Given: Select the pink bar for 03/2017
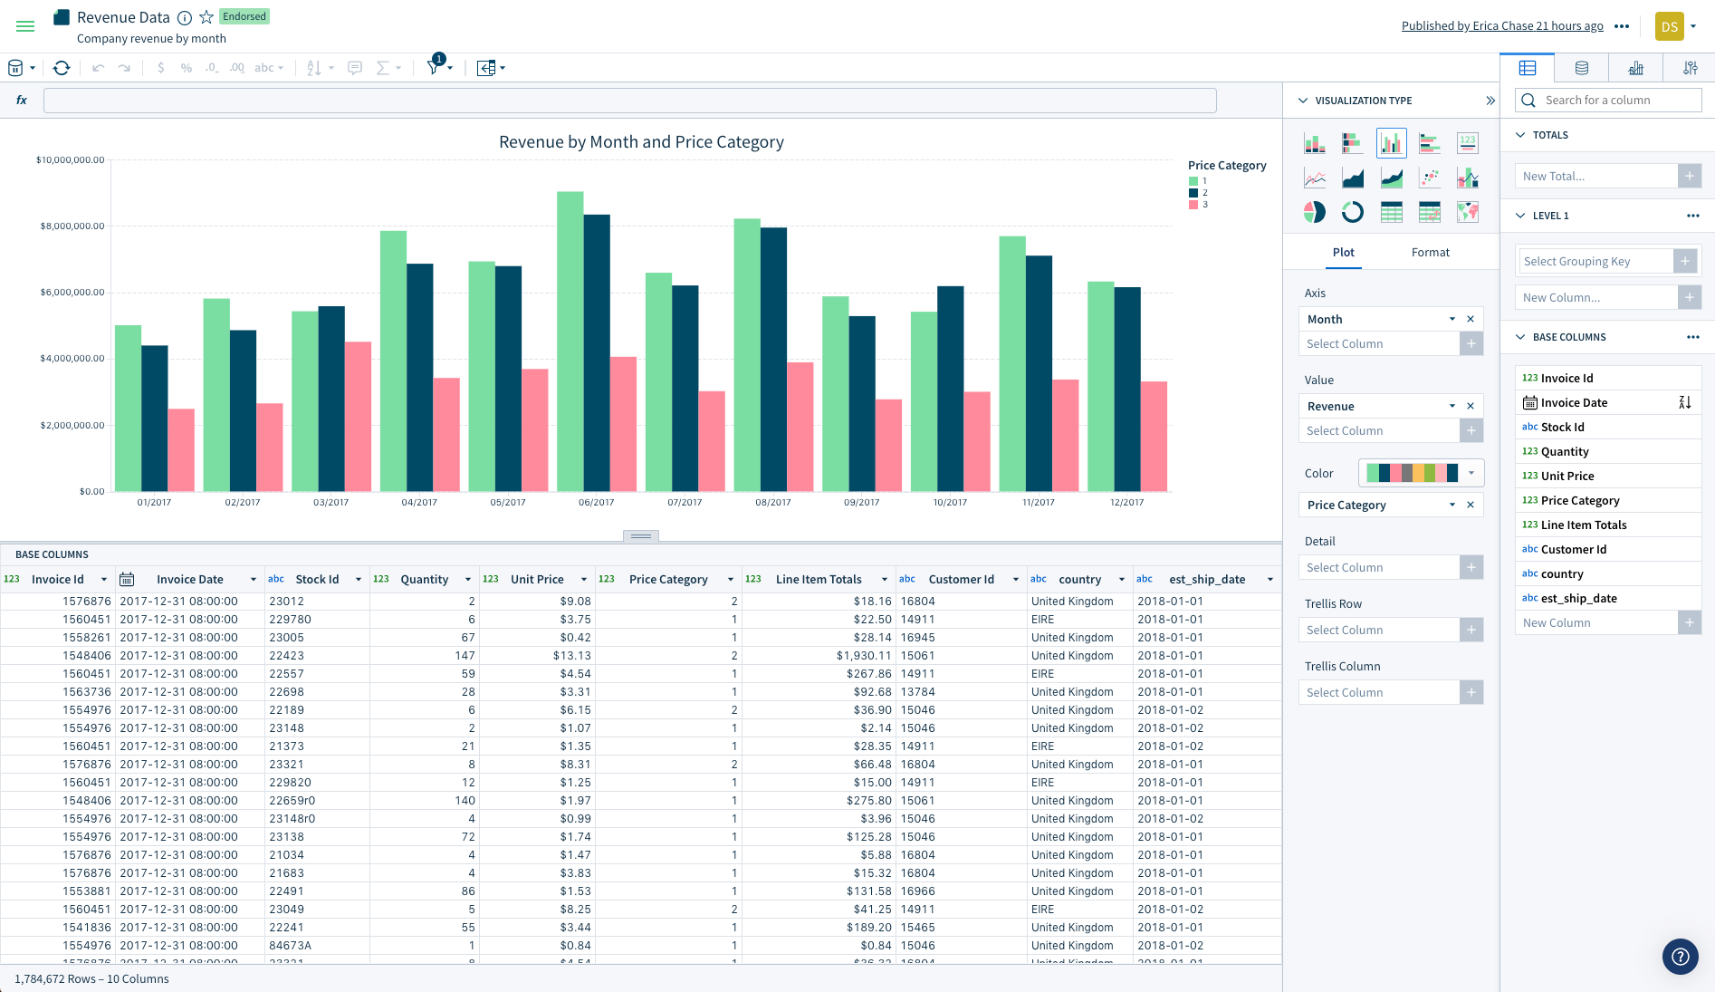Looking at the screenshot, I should [358, 417].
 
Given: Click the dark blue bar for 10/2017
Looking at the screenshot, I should [950, 389].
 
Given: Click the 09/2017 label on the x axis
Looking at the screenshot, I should [861, 502].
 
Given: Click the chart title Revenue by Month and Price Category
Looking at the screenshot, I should [641, 142].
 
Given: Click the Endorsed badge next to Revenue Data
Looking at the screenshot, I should [244, 16].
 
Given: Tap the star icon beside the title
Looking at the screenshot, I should [206, 17].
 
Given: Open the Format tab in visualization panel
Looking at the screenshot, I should [1430, 252].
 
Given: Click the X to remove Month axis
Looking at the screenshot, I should [1471, 319].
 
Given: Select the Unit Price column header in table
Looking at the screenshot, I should [537, 579].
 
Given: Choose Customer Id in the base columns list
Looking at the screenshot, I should [1573, 549].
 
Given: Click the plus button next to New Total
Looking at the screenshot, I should [1690, 176].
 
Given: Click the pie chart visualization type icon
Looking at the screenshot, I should [1314, 212].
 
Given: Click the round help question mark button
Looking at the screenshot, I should [1680, 956].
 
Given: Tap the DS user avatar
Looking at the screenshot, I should [1669, 26].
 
